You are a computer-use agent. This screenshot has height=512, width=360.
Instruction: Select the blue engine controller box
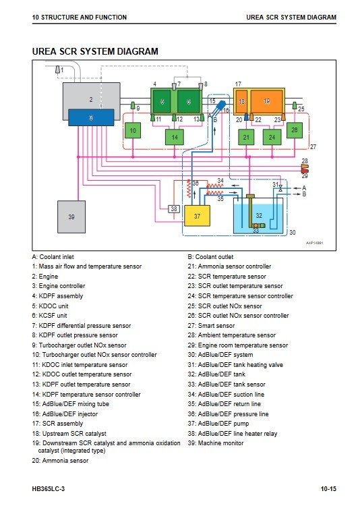(x=91, y=117)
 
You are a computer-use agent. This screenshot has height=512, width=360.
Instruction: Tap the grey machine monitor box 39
(x=71, y=217)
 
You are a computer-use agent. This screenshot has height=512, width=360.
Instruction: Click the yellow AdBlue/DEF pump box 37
(x=197, y=216)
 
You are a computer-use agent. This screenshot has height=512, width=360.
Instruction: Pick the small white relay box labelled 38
(x=174, y=208)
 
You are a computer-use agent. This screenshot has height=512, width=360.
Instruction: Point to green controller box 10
(x=133, y=130)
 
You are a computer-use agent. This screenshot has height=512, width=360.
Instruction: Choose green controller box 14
(x=175, y=137)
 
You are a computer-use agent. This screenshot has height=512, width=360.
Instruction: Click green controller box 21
(x=247, y=137)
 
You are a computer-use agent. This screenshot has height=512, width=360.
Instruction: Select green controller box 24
(x=272, y=137)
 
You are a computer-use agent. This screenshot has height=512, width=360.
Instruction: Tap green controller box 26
(x=295, y=130)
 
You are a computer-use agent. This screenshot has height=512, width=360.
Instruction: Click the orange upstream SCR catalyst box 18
(x=241, y=101)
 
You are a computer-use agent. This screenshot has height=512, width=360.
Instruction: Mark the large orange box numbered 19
(x=267, y=101)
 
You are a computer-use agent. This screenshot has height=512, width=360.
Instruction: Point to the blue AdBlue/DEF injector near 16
(x=218, y=108)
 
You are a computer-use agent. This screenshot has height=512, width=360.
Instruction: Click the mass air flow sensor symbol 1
(x=57, y=70)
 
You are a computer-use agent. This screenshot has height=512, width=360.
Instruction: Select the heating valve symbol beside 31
(x=280, y=188)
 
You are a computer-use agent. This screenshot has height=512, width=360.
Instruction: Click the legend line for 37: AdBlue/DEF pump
(x=218, y=424)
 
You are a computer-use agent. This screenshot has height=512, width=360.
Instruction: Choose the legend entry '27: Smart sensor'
(x=211, y=326)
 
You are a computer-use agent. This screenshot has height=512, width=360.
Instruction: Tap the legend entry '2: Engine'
(x=45, y=277)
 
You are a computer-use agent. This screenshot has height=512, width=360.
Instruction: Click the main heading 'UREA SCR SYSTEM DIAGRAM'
(x=95, y=51)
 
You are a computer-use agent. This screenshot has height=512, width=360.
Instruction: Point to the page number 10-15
(x=328, y=489)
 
